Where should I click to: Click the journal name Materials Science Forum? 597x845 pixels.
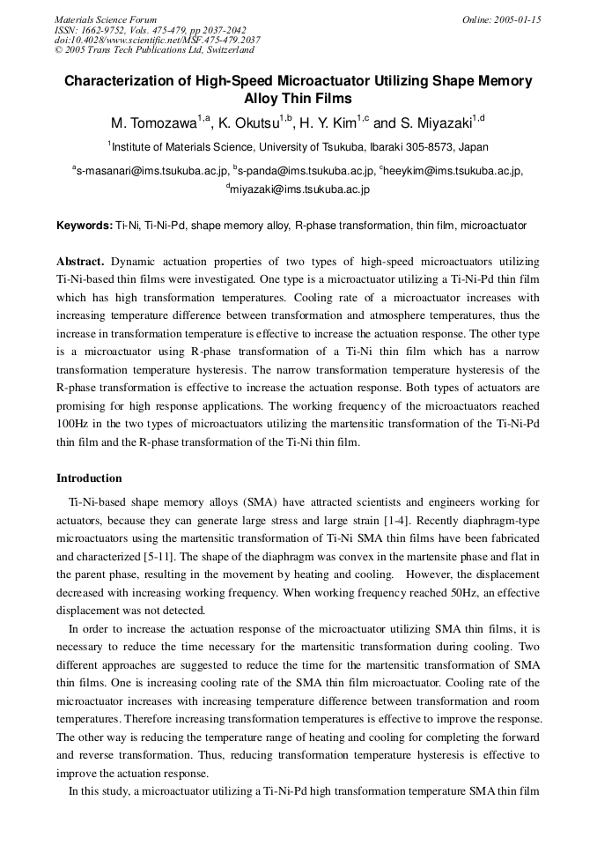pos(106,19)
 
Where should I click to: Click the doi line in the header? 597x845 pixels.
pos(157,40)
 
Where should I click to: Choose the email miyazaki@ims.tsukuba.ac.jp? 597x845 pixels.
pos(300,189)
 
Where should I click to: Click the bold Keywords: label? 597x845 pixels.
pos(85,226)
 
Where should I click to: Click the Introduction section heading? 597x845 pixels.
pos(89,478)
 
